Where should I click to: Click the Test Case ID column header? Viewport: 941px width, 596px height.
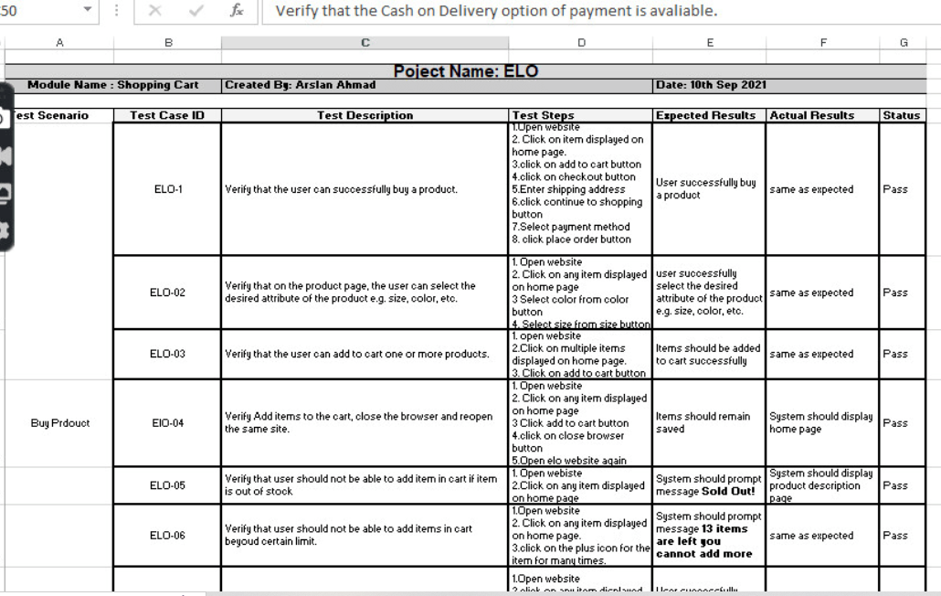(167, 116)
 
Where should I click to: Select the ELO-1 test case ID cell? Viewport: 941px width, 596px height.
(168, 190)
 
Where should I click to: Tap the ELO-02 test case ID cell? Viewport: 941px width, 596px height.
(168, 293)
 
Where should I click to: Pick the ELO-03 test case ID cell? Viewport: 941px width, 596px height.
(168, 355)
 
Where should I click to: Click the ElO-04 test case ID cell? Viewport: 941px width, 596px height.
(168, 424)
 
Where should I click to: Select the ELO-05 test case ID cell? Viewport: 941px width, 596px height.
(168, 485)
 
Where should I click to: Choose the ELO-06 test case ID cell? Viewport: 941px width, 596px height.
(168, 537)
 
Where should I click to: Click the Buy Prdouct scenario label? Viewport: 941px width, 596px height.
(59, 424)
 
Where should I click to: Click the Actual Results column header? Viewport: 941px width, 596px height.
(812, 116)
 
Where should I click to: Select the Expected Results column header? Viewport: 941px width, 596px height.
(705, 116)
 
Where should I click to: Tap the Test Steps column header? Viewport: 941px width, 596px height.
(544, 116)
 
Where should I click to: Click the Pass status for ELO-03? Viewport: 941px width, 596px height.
(895, 355)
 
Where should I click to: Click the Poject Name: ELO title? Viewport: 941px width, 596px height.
(466, 71)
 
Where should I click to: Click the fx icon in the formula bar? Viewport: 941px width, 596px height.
(237, 11)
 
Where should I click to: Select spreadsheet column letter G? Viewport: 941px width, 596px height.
(904, 42)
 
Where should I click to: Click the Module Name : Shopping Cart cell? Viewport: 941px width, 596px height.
(113, 85)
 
